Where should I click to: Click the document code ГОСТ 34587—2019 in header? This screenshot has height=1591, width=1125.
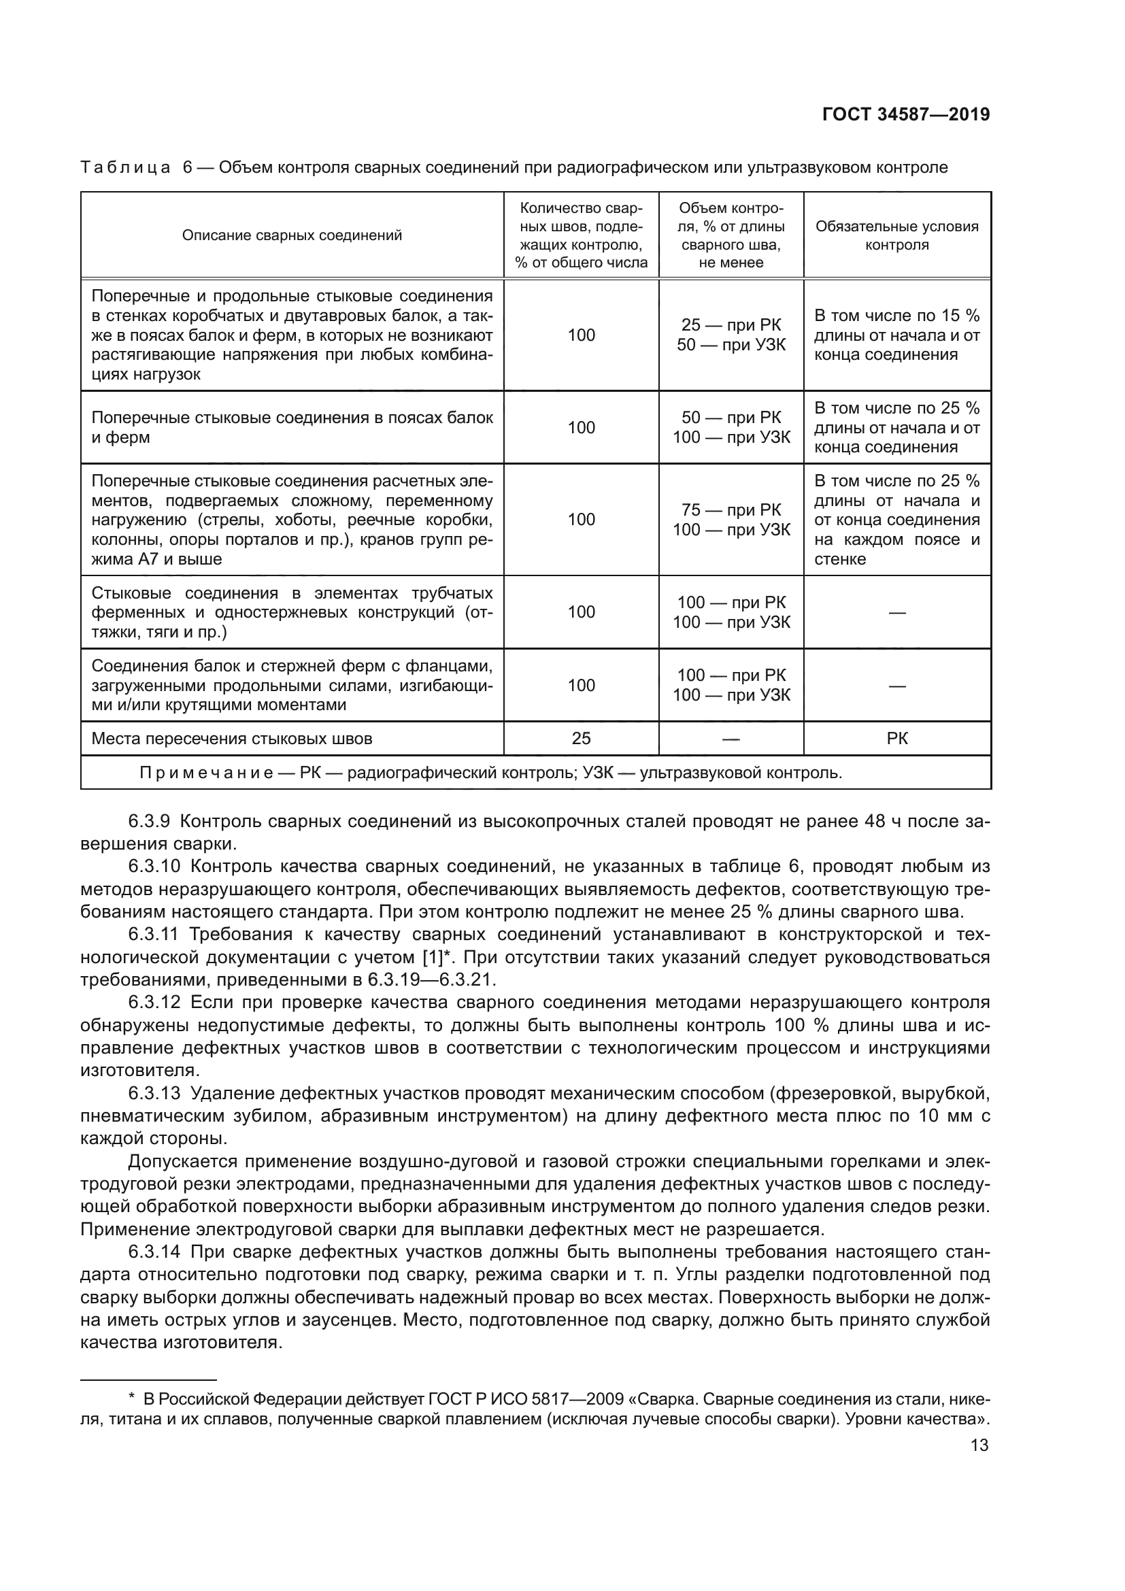tap(905, 115)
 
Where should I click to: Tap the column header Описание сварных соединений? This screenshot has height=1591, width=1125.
tap(292, 235)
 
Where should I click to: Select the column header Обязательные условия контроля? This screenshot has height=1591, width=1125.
tap(896, 235)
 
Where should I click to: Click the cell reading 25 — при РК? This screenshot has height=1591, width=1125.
tap(731, 325)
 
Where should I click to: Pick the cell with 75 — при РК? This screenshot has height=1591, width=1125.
tap(731, 510)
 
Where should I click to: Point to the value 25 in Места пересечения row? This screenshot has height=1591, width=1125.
tap(580, 739)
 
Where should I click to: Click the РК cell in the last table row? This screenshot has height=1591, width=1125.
tap(896, 739)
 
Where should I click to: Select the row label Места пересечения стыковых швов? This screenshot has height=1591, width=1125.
tap(231, 739)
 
